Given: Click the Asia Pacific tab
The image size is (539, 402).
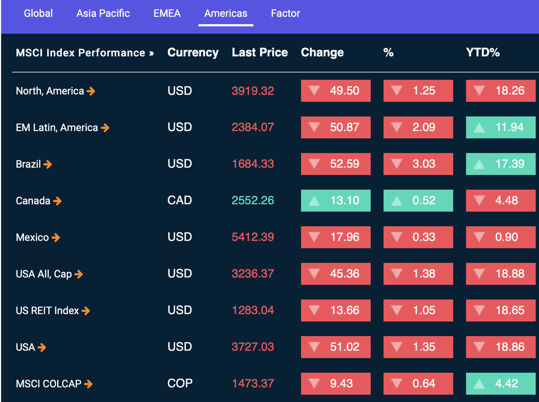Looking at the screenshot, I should pyautogui.click(x=103, y=13).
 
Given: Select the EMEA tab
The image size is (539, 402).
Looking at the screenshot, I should pyautogui.click(x=167, y=13).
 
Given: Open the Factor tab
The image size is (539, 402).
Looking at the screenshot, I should pyautogui.click(x=285, y=13).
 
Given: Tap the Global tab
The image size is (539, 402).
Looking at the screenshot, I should pyautogui.click(x=38, y=13).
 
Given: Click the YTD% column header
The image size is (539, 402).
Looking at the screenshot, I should pyautogui.click(x=483, y=53).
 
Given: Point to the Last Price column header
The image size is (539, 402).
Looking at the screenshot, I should pyautogui.click(x=260, y=53).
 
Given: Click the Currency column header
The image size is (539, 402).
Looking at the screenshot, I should pyautogui.click(x=193, y=53).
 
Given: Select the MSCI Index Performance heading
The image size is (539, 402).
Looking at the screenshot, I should pyautogui.click(x=85, y=53).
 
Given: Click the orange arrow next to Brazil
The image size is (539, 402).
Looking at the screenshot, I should pyautogui.click(x=47, y=164).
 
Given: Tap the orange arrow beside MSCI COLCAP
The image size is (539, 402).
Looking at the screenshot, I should pyautogui.click(x=88, y=384).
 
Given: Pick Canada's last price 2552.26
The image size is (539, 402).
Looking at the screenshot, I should pyautogui.click(x=253, y=200).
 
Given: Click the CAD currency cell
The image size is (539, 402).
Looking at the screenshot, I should pyautogui.click(x=180, y=200).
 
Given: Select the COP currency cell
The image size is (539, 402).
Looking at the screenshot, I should pyautogui.click(x=180, y=384).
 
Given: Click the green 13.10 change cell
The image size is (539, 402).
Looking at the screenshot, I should pyautogui.click(x=336, y=200).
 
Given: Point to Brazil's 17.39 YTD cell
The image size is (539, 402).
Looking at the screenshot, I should pyautogui.click(x=501, y=164).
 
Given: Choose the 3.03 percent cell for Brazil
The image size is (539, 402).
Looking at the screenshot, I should pyautogui.click(x=418, y=164).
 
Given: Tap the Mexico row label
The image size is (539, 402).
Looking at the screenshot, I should pyautogui.click(x=32, y=238).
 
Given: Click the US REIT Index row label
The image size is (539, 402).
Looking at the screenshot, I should pyautogui.click(x=47, y=311).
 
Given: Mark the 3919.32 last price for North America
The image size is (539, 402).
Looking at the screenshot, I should pyautogui.click(x=253, y=91).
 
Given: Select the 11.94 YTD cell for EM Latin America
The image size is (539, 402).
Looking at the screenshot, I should pyautogui.click(x=501, y=127).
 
